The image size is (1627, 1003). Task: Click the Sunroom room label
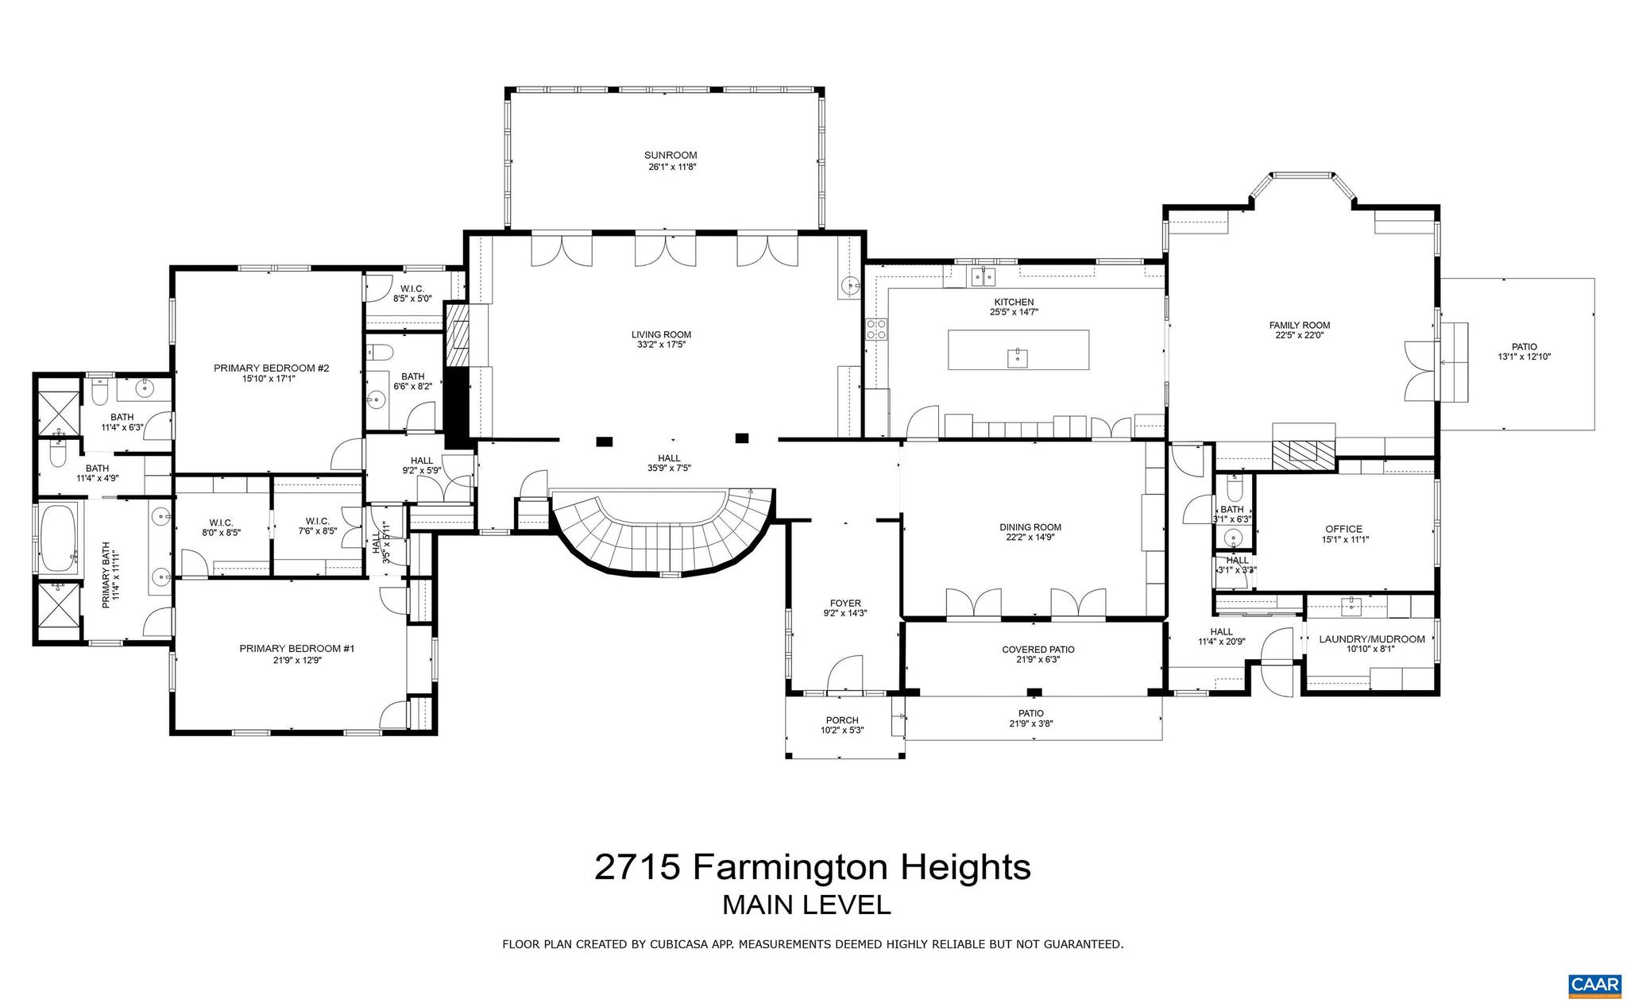pos(670,155)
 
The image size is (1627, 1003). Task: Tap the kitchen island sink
pos(1018,359)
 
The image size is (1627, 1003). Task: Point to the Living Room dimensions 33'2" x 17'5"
pos(661,345)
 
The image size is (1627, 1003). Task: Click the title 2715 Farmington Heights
pos(812,866)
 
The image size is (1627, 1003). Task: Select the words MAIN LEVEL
pos(806,905)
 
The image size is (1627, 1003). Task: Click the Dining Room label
pos(1030,527)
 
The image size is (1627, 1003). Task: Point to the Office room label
pos(1343,529)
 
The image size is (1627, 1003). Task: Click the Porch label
pos(841,720)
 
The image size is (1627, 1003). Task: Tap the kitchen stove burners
pos(876,330)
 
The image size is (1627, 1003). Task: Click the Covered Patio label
pos(1038,650)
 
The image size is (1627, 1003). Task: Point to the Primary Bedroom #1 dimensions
pos(296,659)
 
